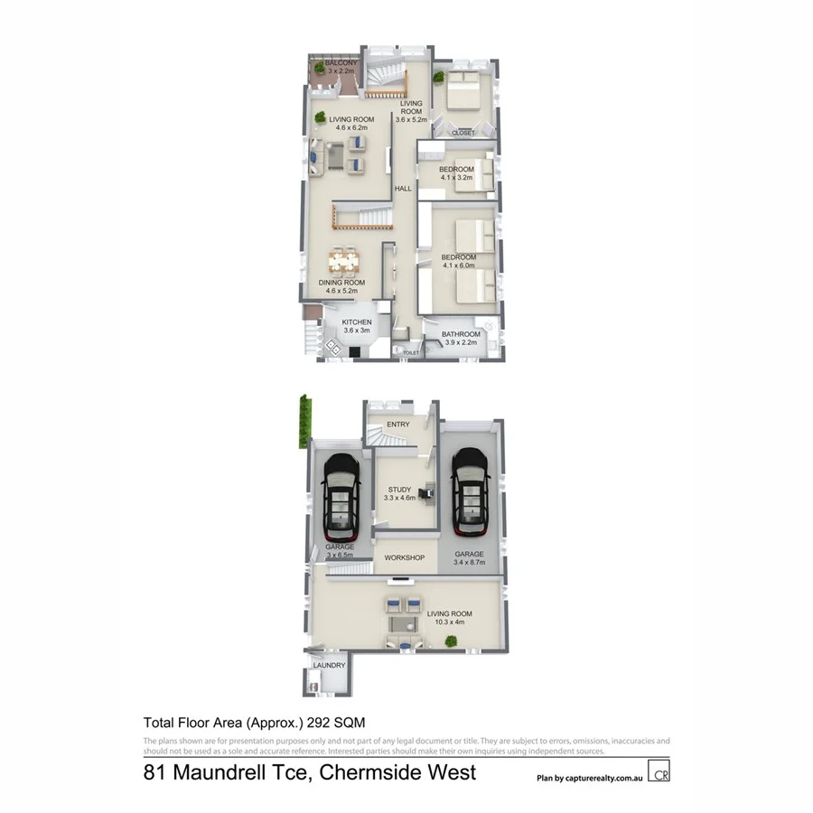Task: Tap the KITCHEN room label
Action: point(356,322)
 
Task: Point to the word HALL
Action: point(403,189)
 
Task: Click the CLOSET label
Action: point(463,133)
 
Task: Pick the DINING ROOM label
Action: point(342,283)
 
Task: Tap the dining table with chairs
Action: point(343,262)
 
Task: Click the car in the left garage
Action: point(341,492)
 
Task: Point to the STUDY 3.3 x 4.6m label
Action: point(398,494)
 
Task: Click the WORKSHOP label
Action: point(404,557)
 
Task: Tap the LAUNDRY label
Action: point(328,666)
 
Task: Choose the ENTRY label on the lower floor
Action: point(398,424)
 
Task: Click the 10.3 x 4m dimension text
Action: point(455,623)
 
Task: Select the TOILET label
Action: point(411,352)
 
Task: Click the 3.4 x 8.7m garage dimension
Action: point(470,563)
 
